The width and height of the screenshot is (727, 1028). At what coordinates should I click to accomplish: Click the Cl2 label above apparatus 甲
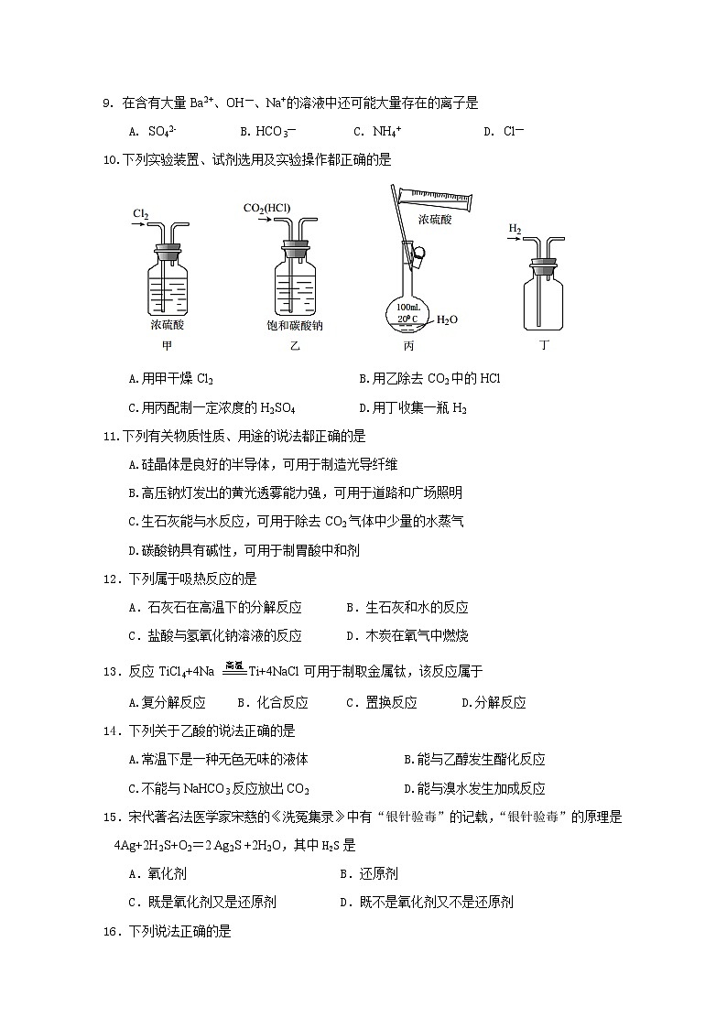coord(140,214)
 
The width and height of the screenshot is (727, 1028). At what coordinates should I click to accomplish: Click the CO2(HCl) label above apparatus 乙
coord(266,208)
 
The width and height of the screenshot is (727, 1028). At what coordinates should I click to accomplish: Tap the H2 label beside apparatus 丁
coord(515,228)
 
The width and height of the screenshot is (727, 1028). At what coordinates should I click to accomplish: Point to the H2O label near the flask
coord(447,319)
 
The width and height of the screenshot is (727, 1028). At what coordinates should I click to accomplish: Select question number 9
coord(106,103)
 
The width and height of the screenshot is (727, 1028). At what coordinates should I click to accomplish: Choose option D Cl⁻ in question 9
coord(504,131)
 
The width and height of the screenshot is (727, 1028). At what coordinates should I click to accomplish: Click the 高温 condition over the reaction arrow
coord(233,665)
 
